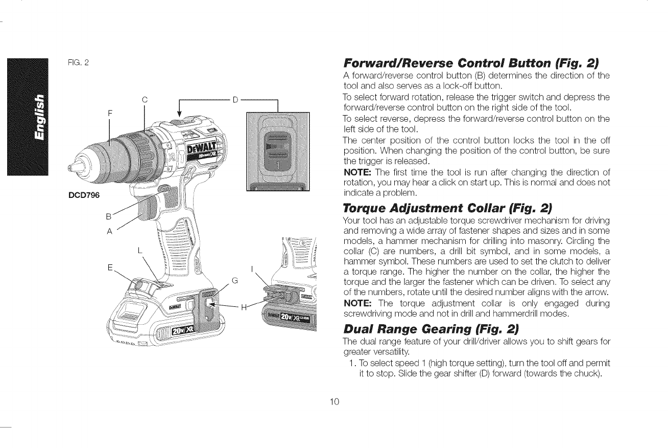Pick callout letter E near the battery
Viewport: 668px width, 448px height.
[110, 268]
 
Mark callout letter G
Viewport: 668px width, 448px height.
[235, 280]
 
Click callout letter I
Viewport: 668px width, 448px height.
[253, 268]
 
